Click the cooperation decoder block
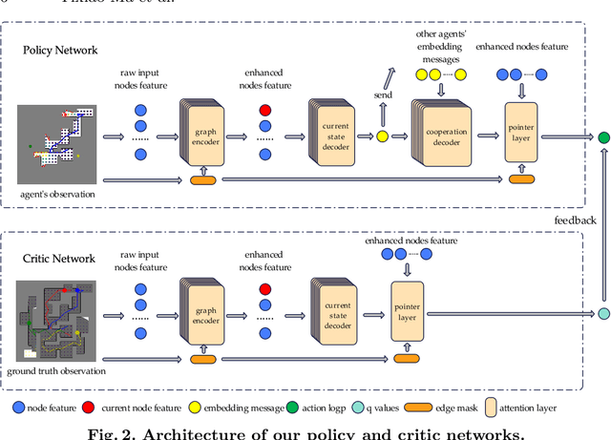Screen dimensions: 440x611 [440, 136]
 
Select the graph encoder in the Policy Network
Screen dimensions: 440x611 [201, 136]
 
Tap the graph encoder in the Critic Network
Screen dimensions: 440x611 [201, 314]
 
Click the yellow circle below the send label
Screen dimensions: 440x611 [382, 136]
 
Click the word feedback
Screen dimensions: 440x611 [575, 220]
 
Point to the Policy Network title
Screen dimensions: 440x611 [61, 49]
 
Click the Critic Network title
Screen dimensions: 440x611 [59, 259]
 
